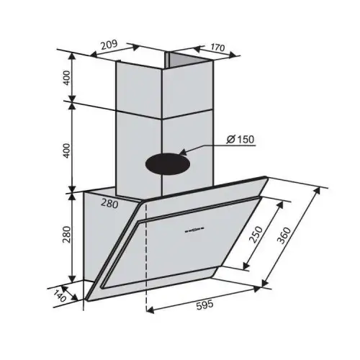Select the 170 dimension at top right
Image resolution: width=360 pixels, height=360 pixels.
[217, 49]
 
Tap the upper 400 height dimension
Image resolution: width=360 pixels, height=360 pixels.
[67, 78]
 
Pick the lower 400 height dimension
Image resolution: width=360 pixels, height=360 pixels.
[67, 152]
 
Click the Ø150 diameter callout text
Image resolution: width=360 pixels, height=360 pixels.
[240, 140]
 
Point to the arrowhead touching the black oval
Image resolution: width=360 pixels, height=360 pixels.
[182, 153]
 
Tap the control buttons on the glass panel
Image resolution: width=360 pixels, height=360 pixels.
[193, 231]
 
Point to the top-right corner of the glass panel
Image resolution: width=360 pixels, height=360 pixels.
[268, 178]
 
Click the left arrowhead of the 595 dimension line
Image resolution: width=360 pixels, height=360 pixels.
[148, 312]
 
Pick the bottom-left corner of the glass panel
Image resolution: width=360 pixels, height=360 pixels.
[86, 298]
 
